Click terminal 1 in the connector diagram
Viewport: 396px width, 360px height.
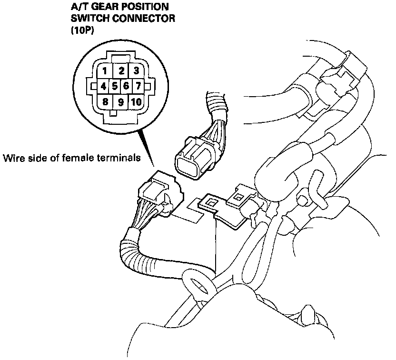(x=104, y=71)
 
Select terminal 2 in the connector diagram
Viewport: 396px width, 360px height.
(x=121, y=71)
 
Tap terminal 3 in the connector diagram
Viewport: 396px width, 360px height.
(x=136, y=71)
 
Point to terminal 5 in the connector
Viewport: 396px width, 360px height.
(x=115, y=87)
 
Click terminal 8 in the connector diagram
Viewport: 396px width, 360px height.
(x=104, y=101)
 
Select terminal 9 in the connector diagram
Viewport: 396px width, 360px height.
(x=121, y=102)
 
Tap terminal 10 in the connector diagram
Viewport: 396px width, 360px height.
(x=136, y=101)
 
